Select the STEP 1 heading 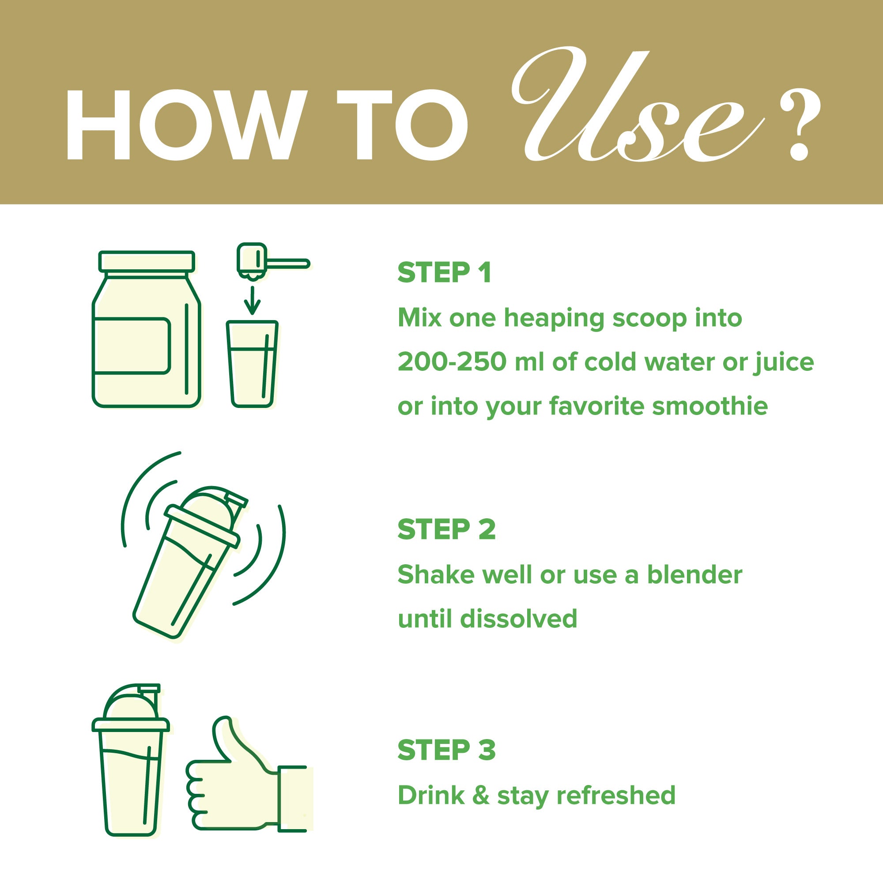point(444,273)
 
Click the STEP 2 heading point(446,529)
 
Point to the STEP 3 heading point(446,750)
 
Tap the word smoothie point(709,405)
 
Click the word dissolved point(519,619)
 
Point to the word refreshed point(615,795)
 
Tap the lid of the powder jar point(147,261)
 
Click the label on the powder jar point(132,346)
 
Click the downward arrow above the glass point(252,300)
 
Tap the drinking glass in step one point(252,364)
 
